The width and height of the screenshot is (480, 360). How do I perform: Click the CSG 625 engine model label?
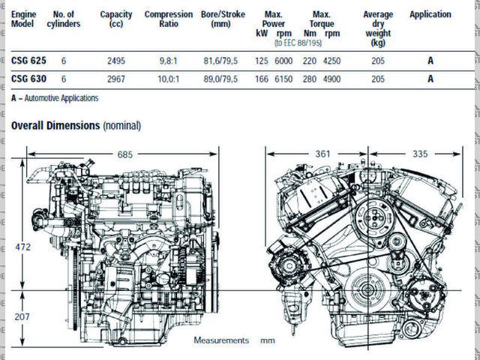[x=30, y=59]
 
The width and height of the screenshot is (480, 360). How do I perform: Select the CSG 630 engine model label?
[x=30, y=78]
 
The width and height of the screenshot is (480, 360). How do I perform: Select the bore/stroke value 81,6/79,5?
[x=218, y=59]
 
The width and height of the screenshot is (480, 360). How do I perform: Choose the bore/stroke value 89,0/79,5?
[x=218, y=78]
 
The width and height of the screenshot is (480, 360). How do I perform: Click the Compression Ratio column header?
[x=168, y=19]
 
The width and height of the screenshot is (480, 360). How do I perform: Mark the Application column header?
[x=430, y=14]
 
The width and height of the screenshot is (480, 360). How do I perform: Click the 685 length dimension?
[x=124, y=154]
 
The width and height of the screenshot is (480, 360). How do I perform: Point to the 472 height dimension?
[x=24, y=246]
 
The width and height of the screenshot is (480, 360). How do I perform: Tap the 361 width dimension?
[x=322, y=154]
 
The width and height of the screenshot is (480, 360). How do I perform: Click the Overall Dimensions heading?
[x=76, y=125]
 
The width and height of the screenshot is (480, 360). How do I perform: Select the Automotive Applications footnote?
[x=55, y=98]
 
